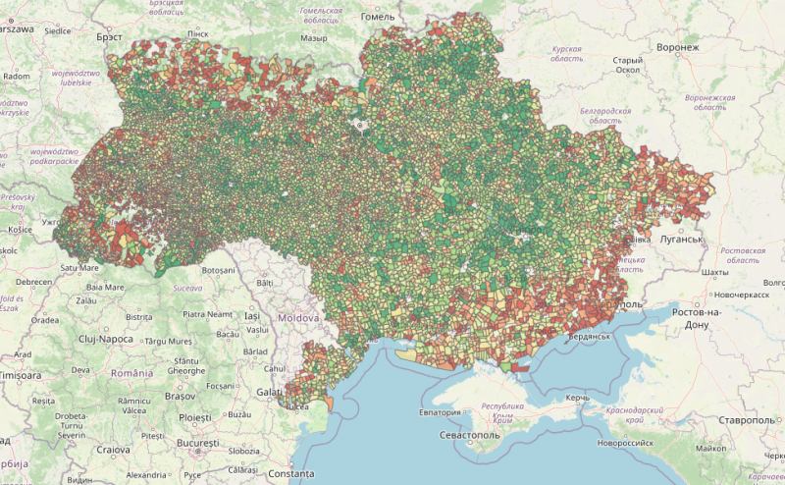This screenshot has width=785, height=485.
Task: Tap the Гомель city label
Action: pos(378,17)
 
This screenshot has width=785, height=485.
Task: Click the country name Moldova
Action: pos(297,320)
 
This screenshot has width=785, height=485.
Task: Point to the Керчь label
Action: pos(576,398)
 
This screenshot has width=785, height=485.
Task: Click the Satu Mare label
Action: pos(80,266)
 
